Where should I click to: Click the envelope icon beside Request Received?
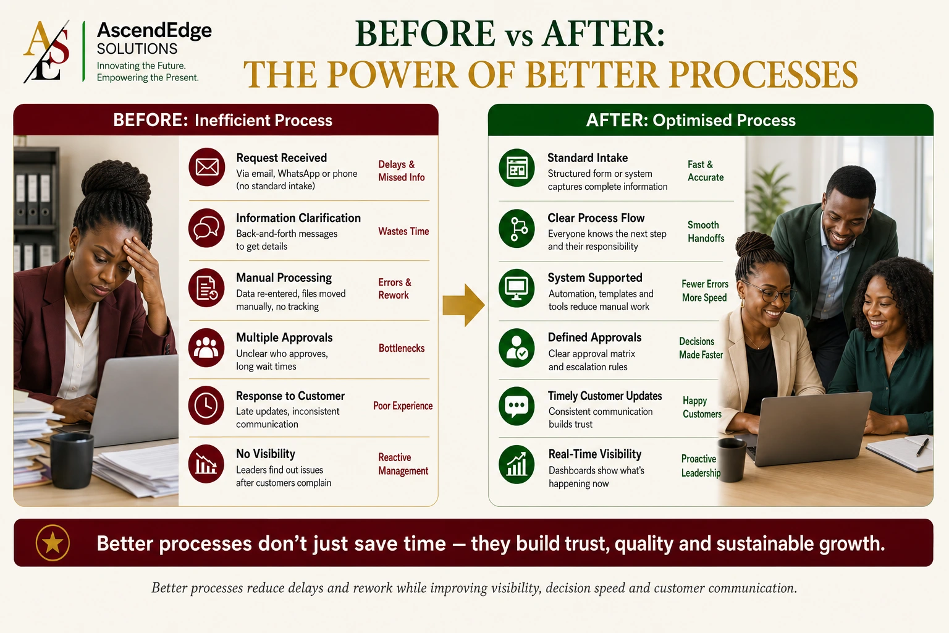pyautogui.click(x=207, y=167)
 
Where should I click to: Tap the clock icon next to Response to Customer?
pyautogui.click(x=206, y=406)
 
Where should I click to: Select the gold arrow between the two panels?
pyautogui.click(x=463, y=305)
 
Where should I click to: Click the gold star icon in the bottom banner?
pyautogui.click(x=53, y=543)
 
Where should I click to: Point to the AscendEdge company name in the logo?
pyautogui.click(x=154, y=30)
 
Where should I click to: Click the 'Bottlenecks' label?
pyautogui.click(x=402, y=348)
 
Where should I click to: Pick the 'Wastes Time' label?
pyautogui.click(x=403, y=231)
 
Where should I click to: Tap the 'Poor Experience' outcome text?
pyautogui.click(x=403, y=406)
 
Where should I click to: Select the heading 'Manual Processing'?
pyautogui.click(x=284, y=278)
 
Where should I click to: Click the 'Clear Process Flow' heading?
pyautogui.click(x=596, y=218)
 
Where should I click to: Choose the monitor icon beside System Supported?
pyautogui.click(x=517, y=288)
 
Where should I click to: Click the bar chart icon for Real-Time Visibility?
pyautogui.click(x=517, y=465)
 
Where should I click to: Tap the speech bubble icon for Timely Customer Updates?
pyautogui.click(x=517, y=406)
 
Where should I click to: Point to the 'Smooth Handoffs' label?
pyautogui.click(x=706, y=231)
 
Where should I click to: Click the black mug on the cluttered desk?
pyautogui.click(x=72, y=460)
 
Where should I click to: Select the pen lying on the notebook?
pyautogui.click(x=922, y=448)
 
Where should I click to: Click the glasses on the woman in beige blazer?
pyautogui.click(x=767, y=292)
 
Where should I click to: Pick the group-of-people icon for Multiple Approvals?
pyautogui.click(x=206, y=347)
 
